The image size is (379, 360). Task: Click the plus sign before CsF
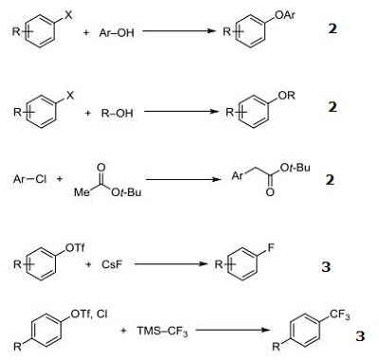click(x=91, y=268)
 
